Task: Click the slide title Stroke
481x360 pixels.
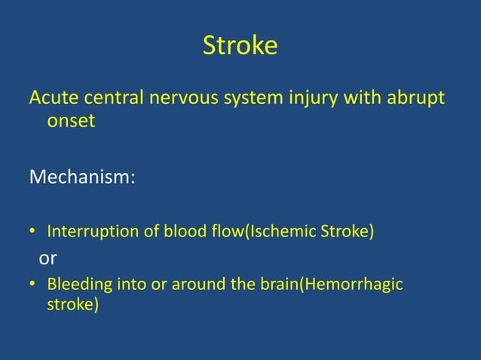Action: (240, 47)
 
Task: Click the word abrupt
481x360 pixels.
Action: (415, 99)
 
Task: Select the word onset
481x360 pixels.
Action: (71, 121)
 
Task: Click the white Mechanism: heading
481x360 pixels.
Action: (82, 178)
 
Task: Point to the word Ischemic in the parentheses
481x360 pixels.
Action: (293, 230)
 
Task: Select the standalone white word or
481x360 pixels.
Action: (47, 258)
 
